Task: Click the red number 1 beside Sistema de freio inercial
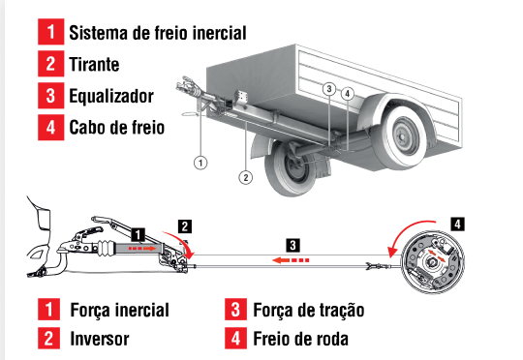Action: click(50, 32)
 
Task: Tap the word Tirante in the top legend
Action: click(94, 64)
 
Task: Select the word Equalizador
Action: click(111, 96)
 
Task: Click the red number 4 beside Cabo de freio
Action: click(50, 128)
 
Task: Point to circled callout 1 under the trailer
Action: click(200, 163)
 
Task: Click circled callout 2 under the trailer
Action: click(245, 177)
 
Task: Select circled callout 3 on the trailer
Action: click(329, 89)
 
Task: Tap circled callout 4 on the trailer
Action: click(348, 94)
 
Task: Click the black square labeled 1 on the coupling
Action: click(138, 234)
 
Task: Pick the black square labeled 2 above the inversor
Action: click(185, 226)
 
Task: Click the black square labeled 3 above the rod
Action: click(292, 246)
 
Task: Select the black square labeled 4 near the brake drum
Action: click(457, 224)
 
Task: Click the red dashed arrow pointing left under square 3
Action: click(291, 260)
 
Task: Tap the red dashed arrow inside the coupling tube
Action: click(142, 249)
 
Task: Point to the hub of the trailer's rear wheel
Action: click(402, 136)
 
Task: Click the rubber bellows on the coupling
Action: click(107, 249)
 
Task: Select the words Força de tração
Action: click(309, 310)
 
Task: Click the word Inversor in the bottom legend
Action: click(100, 339)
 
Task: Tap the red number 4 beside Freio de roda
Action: click(235, 338)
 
